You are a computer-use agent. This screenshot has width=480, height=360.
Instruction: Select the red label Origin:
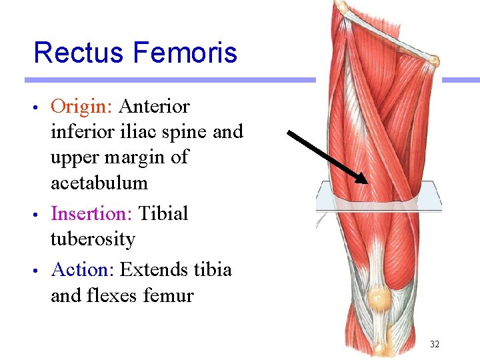(x=83, y=107)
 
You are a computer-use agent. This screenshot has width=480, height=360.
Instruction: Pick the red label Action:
(x=83, y=270)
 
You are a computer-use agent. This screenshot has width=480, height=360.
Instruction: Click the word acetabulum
(x=99, y=183)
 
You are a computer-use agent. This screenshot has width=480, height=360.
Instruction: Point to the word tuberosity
(x=93, y=239)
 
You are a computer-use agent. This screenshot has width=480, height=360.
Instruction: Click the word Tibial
(x=163, y=213)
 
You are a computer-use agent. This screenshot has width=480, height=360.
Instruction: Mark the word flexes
(x=114, y=295)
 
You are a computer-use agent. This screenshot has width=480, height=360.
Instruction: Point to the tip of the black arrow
(x=367, y=182)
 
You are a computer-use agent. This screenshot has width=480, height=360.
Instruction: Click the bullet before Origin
(x=41, y=107)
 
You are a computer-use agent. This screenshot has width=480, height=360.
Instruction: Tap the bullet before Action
(x=41, y=271)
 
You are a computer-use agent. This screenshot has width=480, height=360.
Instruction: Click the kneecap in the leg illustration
(x=378, y=297)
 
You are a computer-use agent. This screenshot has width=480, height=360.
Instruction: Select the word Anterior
(x=154, y=107)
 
